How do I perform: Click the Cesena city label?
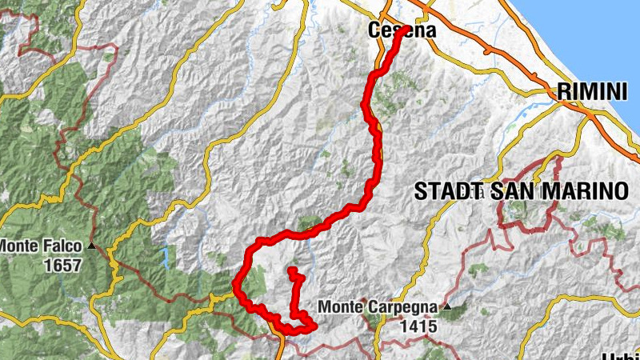402,31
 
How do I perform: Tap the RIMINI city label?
592,92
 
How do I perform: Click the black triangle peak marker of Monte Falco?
94,246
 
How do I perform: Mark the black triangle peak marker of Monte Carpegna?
447,306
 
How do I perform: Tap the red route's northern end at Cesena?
406,30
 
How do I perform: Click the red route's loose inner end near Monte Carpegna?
292,270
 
